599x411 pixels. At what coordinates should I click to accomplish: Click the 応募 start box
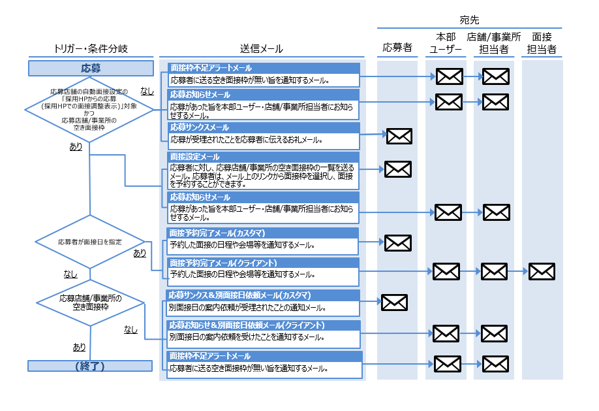pyautogui.click(x=91, y=68)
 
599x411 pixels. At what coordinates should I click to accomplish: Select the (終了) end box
pyautogui.click(x=91, y=365)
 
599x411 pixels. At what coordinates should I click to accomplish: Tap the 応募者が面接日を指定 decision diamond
pyautogui.click(x=89, y=242)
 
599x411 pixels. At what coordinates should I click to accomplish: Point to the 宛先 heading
pyautogui.click(x=468, y=20)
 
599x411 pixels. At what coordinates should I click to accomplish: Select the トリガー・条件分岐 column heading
pyautogui.click(x=91, y=49)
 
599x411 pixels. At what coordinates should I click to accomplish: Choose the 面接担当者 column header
pyautogui.click(x=542, y=43)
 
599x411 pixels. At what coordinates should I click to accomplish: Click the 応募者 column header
pyautogui.click(x=397, y=48)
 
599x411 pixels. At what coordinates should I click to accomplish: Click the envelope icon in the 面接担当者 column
pyautogui.click(x=542, y=271)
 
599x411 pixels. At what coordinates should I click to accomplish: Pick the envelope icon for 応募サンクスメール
pyautogui.click(x=399, y=136)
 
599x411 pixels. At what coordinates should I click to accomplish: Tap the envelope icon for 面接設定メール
pyautogui.click(x=397, y=169)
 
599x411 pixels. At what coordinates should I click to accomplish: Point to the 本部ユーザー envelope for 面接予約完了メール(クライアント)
pyautogui.click(x=446, y=271)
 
